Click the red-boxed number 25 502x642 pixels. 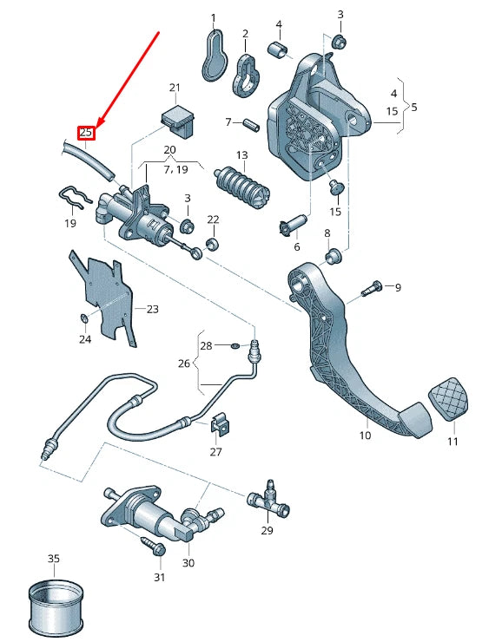click(86, 132)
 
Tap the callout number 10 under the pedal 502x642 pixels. click(365, 436)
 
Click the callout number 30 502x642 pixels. click(188, 562)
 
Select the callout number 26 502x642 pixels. click(182, 364)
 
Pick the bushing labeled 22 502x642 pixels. click(211, 242)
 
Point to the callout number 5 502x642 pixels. click(413, 108)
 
